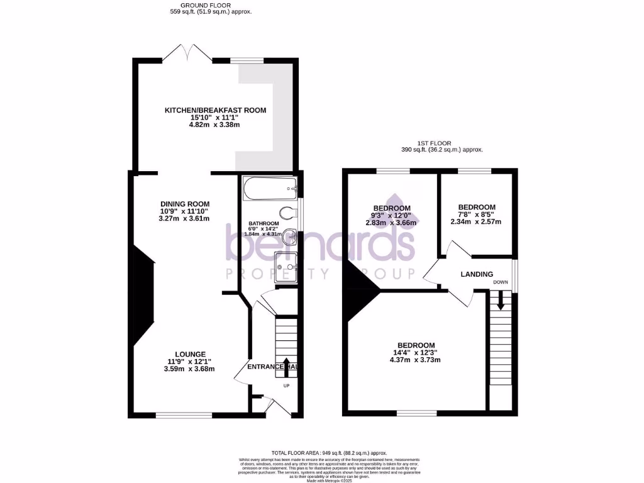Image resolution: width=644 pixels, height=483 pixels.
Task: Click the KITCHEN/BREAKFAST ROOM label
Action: tap(215, 110)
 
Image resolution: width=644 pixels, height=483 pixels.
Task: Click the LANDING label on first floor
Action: tap(477, 274)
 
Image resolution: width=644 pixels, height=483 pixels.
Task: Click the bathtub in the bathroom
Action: tap(268, 186)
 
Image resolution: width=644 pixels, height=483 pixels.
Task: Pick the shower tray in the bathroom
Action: tap(286, 267)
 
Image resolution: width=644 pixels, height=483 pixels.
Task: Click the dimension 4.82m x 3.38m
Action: tap(215, 125)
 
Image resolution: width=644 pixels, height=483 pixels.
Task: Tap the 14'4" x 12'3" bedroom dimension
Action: tap(416, 353)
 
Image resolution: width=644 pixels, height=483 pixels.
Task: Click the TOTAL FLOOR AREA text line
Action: tap(329, 453)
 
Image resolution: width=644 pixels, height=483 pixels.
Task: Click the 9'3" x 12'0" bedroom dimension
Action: tap(392, 216)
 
